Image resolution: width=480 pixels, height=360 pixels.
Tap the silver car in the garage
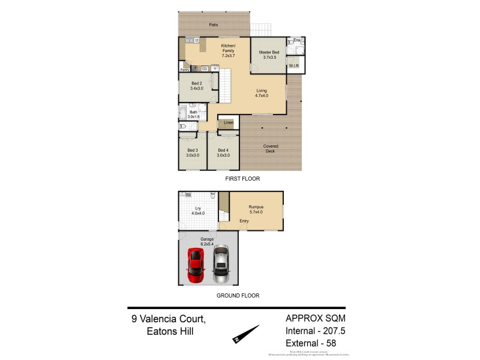click(221, 264)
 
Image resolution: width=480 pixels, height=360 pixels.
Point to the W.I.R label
click(294, 65)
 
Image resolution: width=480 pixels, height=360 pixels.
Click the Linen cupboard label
click(229, 123)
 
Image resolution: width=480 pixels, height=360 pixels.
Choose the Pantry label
click(185, 70)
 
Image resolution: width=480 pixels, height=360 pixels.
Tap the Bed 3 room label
click(192, 150)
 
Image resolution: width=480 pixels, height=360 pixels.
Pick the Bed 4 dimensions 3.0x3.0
click(223, 155)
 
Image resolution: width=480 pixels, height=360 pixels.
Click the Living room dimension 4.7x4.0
click(262, 95)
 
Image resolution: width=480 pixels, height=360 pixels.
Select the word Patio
click(213, 25)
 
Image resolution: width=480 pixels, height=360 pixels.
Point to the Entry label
click(244, 221)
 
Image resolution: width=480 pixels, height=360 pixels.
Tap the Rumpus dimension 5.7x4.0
click(256, 212)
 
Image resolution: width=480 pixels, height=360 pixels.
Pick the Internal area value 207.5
click(334, 331)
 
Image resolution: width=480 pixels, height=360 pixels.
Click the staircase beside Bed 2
click(225, 84)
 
